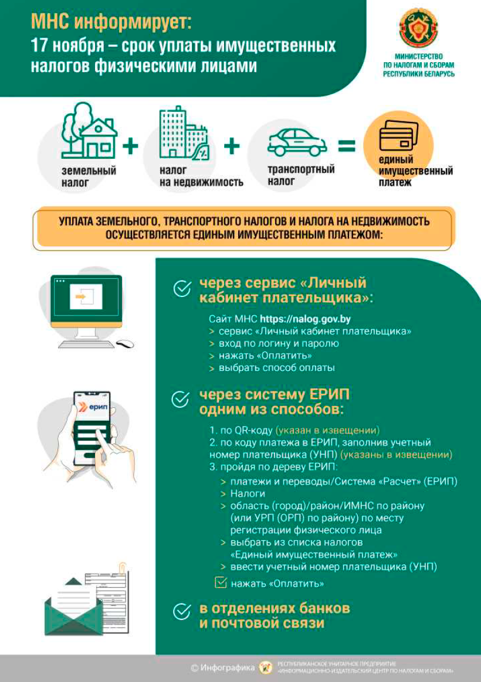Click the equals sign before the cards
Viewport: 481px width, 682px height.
[x=347, y=146]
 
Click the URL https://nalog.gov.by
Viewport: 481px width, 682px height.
[x=305, y=319]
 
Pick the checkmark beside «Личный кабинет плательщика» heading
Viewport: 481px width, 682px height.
[x=182, y=288]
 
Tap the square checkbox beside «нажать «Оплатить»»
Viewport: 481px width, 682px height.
[x=221, y=582]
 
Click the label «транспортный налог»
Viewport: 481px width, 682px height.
[x=301, y=175]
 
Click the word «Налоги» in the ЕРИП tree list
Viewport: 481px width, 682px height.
[x=248, y=493]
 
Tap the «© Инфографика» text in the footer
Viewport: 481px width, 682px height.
[x=223, y=667]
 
